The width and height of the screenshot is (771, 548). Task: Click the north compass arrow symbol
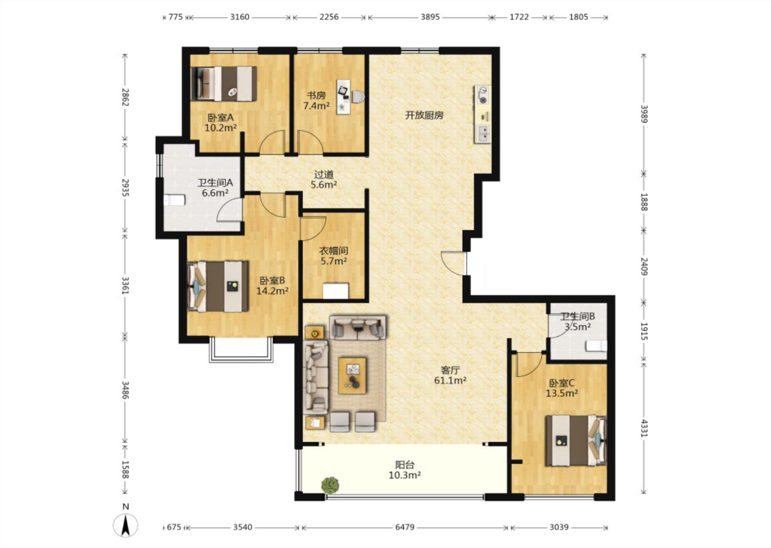(x=126, y=526)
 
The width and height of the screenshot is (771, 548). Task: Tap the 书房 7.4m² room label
(x=316, y=101)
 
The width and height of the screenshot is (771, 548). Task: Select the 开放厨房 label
(x=424, y=115)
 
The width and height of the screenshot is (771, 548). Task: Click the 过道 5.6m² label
(x=324, y=180)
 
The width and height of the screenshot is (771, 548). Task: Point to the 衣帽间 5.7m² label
(x=334, y=256)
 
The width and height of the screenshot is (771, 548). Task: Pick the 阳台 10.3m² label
(x=405, y=470)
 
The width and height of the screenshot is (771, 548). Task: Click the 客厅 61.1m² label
(x=450, y=375)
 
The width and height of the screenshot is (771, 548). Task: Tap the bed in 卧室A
(x=224, y=83)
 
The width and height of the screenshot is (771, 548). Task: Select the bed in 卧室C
(x=576, y=440)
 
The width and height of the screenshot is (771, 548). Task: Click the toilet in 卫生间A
(x=175, y=200)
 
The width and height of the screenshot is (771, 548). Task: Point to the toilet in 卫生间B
(x=596, y=346)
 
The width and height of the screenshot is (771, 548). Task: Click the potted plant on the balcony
(x=330, y=485)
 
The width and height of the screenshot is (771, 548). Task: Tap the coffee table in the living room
(x=352, y=375)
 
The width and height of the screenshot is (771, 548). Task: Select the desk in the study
(x=343, y=97)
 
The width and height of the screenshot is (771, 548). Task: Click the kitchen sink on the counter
(x=483, y=133)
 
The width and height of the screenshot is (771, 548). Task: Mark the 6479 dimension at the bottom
(x=405, y=527)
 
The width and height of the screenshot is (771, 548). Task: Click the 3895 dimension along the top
(x=430, y=17)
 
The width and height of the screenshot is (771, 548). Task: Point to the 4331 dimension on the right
(x=644, y=428)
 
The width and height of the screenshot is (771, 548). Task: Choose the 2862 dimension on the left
(x=125, y=97)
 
